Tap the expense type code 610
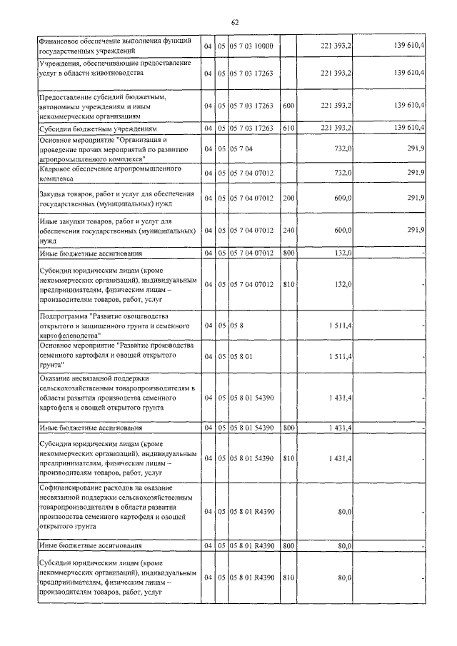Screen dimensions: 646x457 tap(288, 128)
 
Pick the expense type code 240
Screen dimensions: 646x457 tap(288, 230)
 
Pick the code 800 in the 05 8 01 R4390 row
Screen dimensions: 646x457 tap(288, 546)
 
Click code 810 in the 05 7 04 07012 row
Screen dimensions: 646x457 tap(288, 285)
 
